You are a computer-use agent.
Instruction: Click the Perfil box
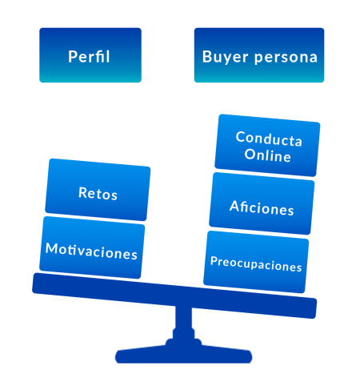[x=90, y=55]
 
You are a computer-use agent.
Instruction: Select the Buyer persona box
[x=259, y=55]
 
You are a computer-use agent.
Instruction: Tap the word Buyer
[x=226, y=57]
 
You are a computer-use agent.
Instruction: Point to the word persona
[x=286, y=58]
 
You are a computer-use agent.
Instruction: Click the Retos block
[x=98, y=190]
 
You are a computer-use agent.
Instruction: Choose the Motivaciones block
[x=92, y=247]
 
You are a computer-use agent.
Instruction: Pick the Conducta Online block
[x=267, y=146]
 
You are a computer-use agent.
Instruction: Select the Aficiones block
[x=262, y=203]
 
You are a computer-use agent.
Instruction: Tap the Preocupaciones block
[x=256, y=262]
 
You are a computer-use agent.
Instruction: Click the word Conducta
[x=269, y=139]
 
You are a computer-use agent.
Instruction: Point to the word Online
[x=267, y=155]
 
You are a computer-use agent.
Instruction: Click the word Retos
[x=98, y=193]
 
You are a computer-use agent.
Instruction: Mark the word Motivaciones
[x=91, y=251]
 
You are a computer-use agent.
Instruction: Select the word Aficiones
[x=262, y=207]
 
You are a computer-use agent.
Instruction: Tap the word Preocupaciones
[x=256, y=264]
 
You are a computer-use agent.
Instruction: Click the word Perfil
[x=89, y=57]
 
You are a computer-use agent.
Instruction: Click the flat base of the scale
[x=183, y=353]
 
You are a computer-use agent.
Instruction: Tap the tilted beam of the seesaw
[x=174, y=296]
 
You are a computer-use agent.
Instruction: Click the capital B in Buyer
[x=207, y=56]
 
